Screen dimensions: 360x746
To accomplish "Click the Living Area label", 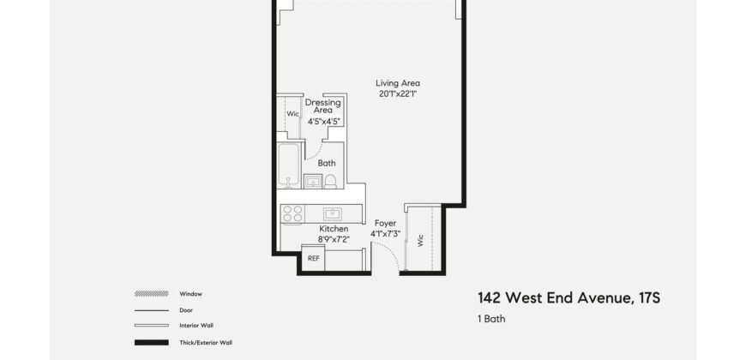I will pyautogui.click(x=397, y=83).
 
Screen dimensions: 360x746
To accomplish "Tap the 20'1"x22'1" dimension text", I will pyautogui.click(x=397, y=93).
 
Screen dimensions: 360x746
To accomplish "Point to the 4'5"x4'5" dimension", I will pyautogui.click(x=325, y=121).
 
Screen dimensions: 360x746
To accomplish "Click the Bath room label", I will pyautogui.click(x=327, y=163).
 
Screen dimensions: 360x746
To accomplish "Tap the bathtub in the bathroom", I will pyautogui.click(x=289, y=164).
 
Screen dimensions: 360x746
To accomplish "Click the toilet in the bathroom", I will pyautogui.click(x=331, y=181).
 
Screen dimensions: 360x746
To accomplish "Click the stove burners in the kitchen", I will pyautogui.click(x=292, y=213).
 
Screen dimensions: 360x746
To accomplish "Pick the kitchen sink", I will pyautogui.click(x=333, y=213).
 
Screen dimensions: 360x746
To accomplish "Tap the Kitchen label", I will pyautogui.click(x=333, y=229).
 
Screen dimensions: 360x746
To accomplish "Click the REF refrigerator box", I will pyautogui.click(x=314, y=258).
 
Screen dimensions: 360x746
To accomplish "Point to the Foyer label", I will pyautogui.click(x=385, y=223).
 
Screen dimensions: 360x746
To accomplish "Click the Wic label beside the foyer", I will pyautogui.click(x=421, y=241).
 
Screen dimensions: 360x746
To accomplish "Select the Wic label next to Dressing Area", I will pyautogui.click(x=292, y=112).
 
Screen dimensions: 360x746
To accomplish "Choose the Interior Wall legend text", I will pyautogui.click(x=196, y=326).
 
